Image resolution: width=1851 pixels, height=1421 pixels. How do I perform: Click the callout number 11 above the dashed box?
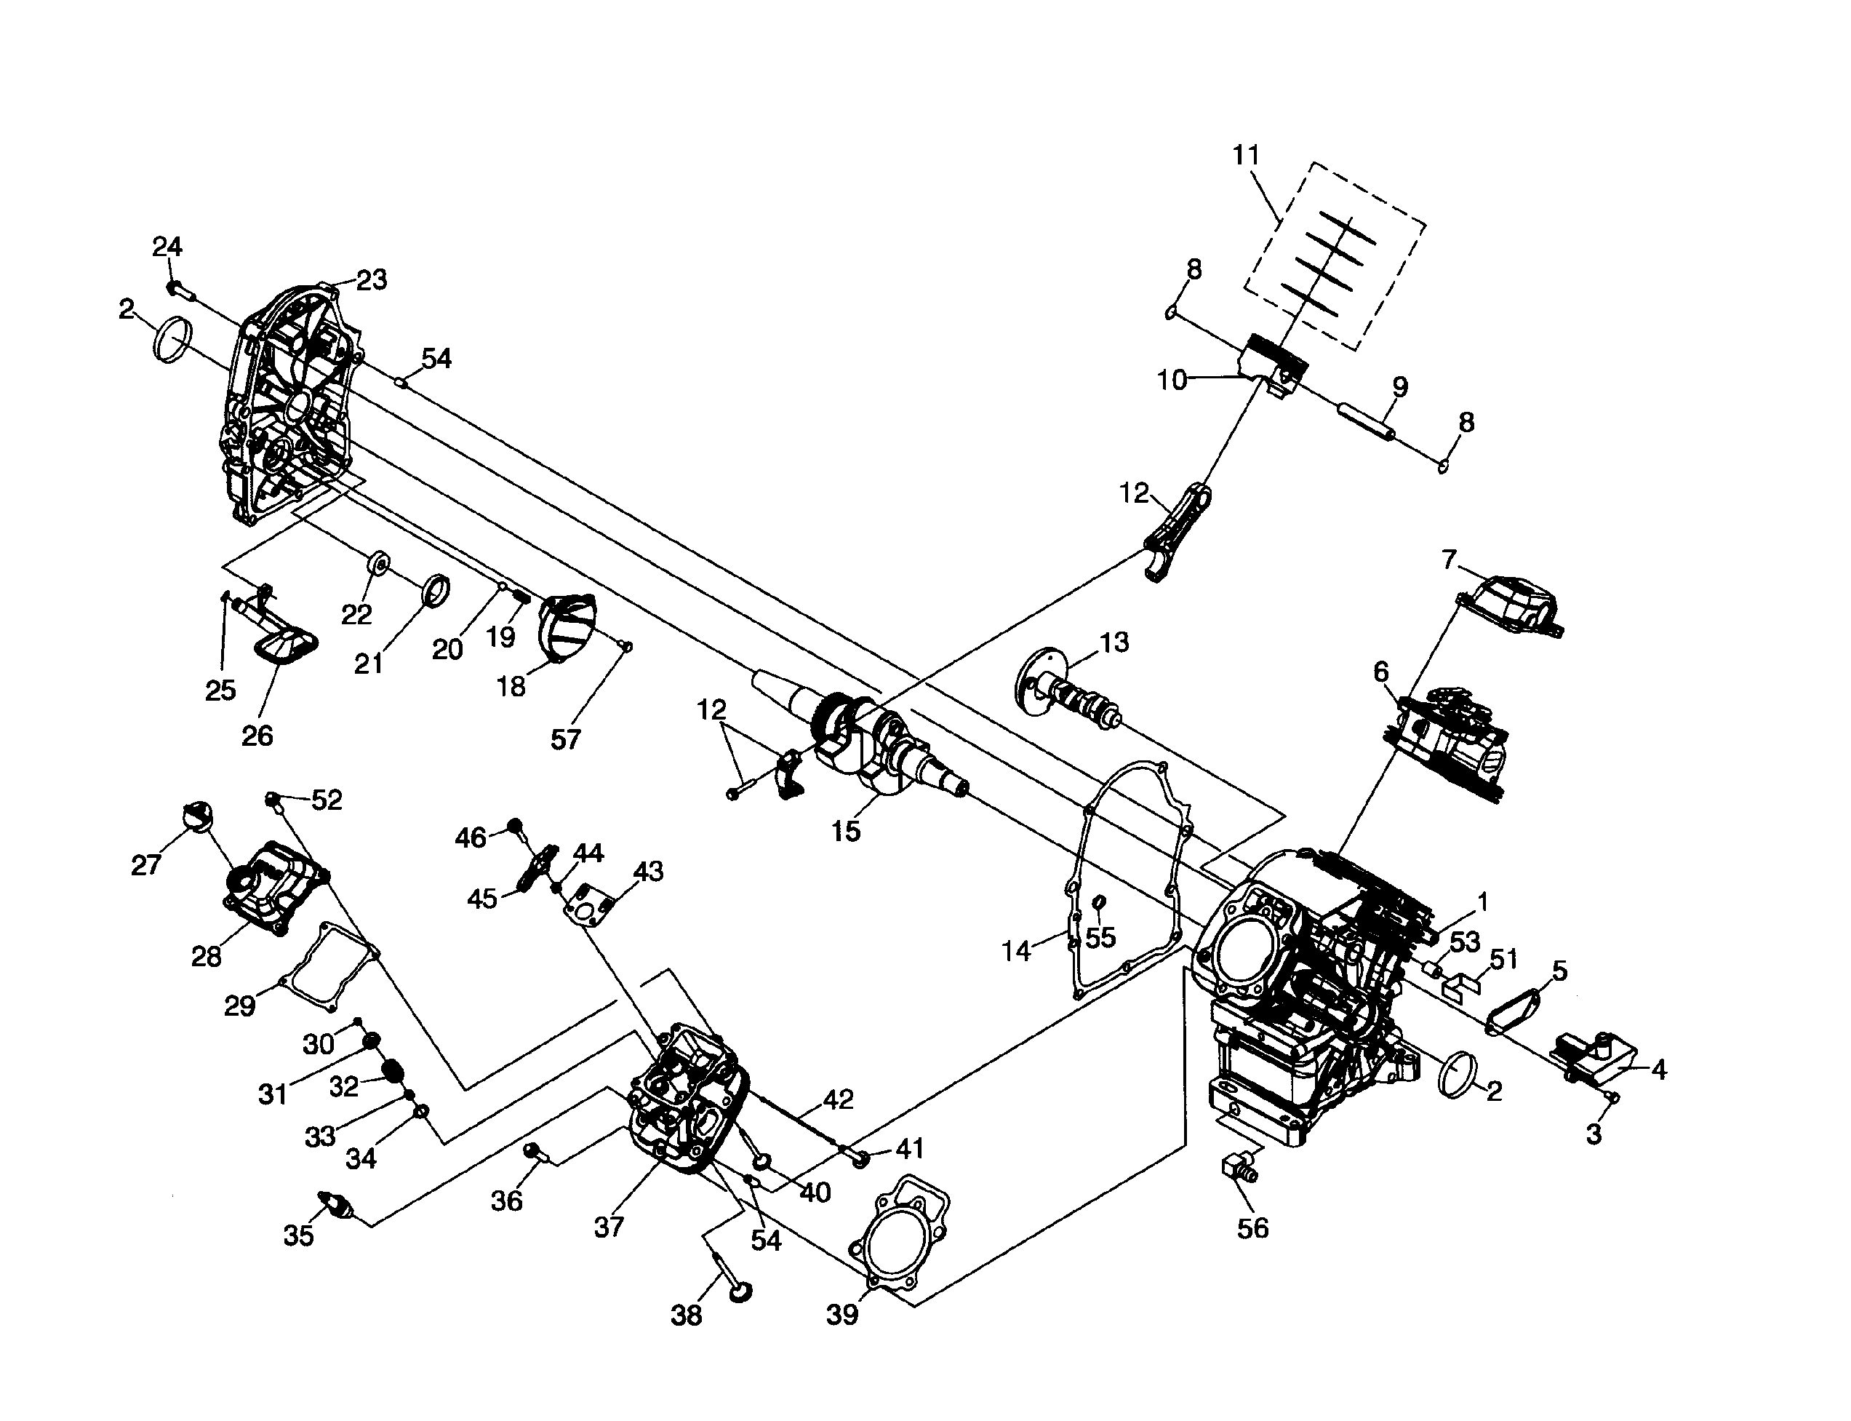click(x=1246, y=156)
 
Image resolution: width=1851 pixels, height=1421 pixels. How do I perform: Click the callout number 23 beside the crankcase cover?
click(x=371, y=279)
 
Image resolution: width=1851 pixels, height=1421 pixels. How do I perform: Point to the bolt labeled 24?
click(x=179, y=290)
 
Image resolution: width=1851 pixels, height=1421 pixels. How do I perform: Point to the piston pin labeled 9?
click(x=1364, y=422)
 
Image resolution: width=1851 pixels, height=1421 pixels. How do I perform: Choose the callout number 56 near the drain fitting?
click(x=1252, y=1227)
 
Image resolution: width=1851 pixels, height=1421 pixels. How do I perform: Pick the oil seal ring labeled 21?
click(x=436, y=589)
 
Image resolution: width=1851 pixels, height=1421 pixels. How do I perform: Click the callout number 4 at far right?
click(x=1658, y=1070)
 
